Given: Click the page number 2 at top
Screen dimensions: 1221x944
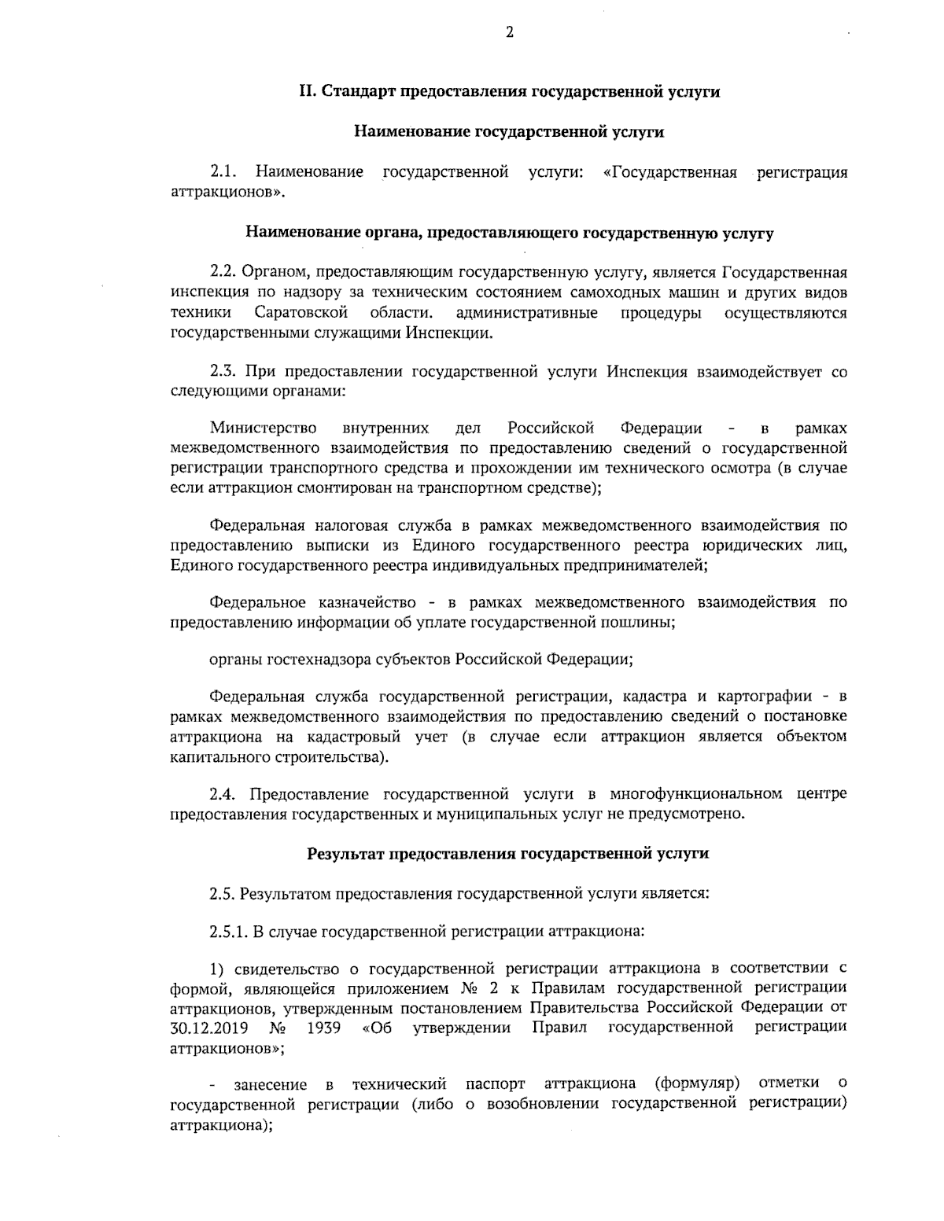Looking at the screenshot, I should [x=509, y=32].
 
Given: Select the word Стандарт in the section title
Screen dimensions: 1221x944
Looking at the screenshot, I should [x=359, y=91].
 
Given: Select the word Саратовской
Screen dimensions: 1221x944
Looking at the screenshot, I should [x=301, y=313].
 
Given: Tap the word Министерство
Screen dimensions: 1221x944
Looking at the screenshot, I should [x=264, y=428].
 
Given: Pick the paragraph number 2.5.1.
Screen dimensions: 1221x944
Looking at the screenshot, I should [x=228, y=932].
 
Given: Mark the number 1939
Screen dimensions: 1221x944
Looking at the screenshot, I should [x=324, y=1028].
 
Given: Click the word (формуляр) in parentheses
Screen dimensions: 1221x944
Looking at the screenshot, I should [x=698, y=1084].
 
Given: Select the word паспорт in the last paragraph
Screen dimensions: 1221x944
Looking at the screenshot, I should [x=495, y=1084].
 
